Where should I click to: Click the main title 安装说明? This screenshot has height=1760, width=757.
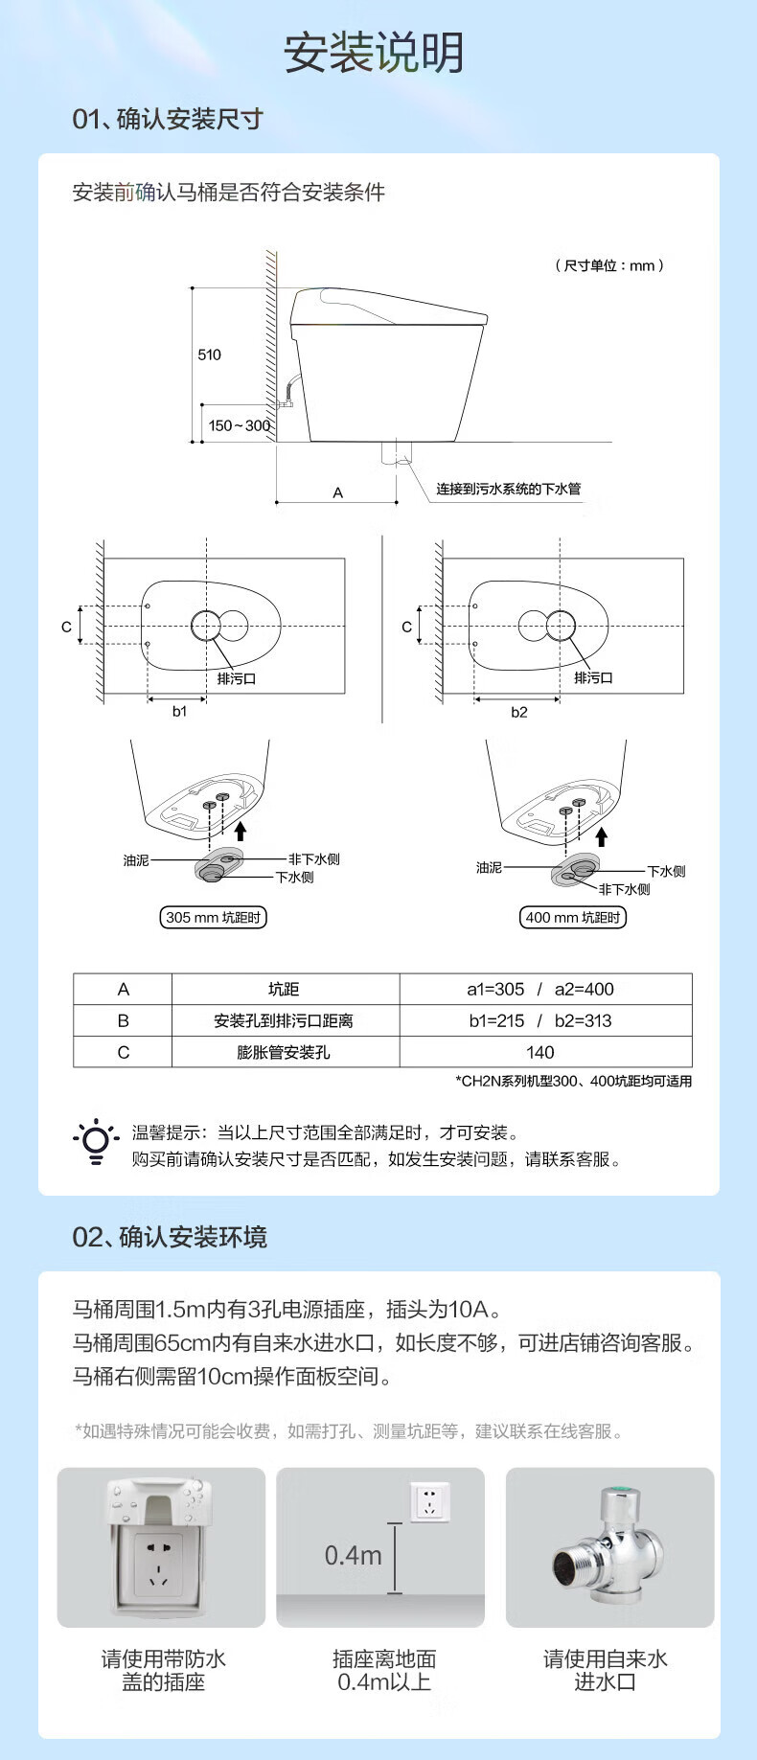(374, 53)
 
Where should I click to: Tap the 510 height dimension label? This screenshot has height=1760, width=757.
(209, 354)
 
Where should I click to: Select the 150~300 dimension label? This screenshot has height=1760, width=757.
(239, 425)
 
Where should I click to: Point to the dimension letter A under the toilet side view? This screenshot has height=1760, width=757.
(337, 492)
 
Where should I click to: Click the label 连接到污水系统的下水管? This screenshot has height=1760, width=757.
(509, 489)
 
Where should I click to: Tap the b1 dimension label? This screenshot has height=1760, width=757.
(179, 711)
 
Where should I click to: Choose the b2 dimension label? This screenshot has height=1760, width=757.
(518, 712)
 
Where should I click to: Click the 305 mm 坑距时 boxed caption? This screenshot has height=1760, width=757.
(213, 917)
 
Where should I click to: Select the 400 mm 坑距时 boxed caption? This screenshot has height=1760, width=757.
(572, 917)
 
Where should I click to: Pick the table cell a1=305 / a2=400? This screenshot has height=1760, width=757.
(540, 989)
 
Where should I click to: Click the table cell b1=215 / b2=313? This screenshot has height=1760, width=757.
(540, 1020)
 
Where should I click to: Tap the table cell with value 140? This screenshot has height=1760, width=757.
(540, 1052)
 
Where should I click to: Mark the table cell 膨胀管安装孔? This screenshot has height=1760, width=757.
(284, 1052)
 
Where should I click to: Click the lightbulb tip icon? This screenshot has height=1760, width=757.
(96, 1141)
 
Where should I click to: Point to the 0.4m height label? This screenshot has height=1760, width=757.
(353, 1555)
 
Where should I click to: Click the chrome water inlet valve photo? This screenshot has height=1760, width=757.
(608, 1545)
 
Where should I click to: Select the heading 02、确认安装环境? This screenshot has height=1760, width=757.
(170, 1237)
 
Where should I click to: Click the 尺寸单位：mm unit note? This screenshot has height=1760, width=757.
(609, 265)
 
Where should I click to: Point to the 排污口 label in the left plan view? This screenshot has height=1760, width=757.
(236, 678)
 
